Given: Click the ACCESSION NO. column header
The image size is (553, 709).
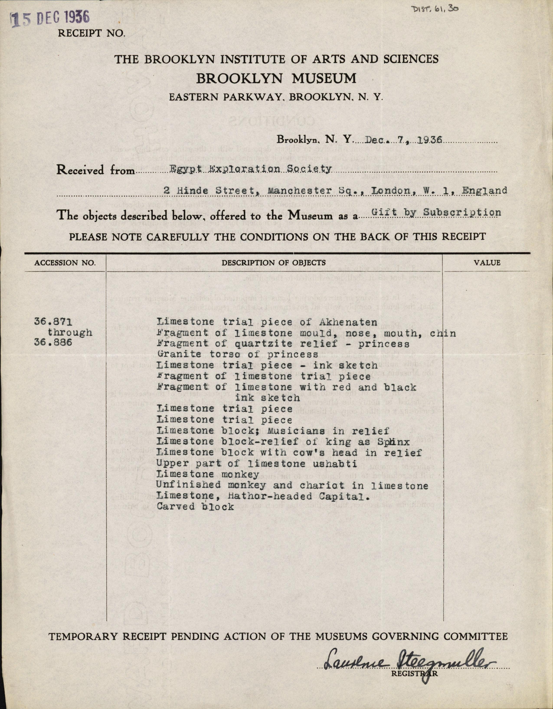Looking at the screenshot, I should pyautogui.click(x=65, y=263).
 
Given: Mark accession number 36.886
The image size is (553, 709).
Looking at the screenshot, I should pyautogui.click(x=53, y=343).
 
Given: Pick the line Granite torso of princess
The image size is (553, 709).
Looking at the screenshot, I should pyautogui.click(x=237, y=354).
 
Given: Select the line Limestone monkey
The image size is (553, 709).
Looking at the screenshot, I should pyautogui.click(x=208, y=475).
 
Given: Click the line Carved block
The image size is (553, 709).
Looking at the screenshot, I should pyautogui.click(x=195, y=506).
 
